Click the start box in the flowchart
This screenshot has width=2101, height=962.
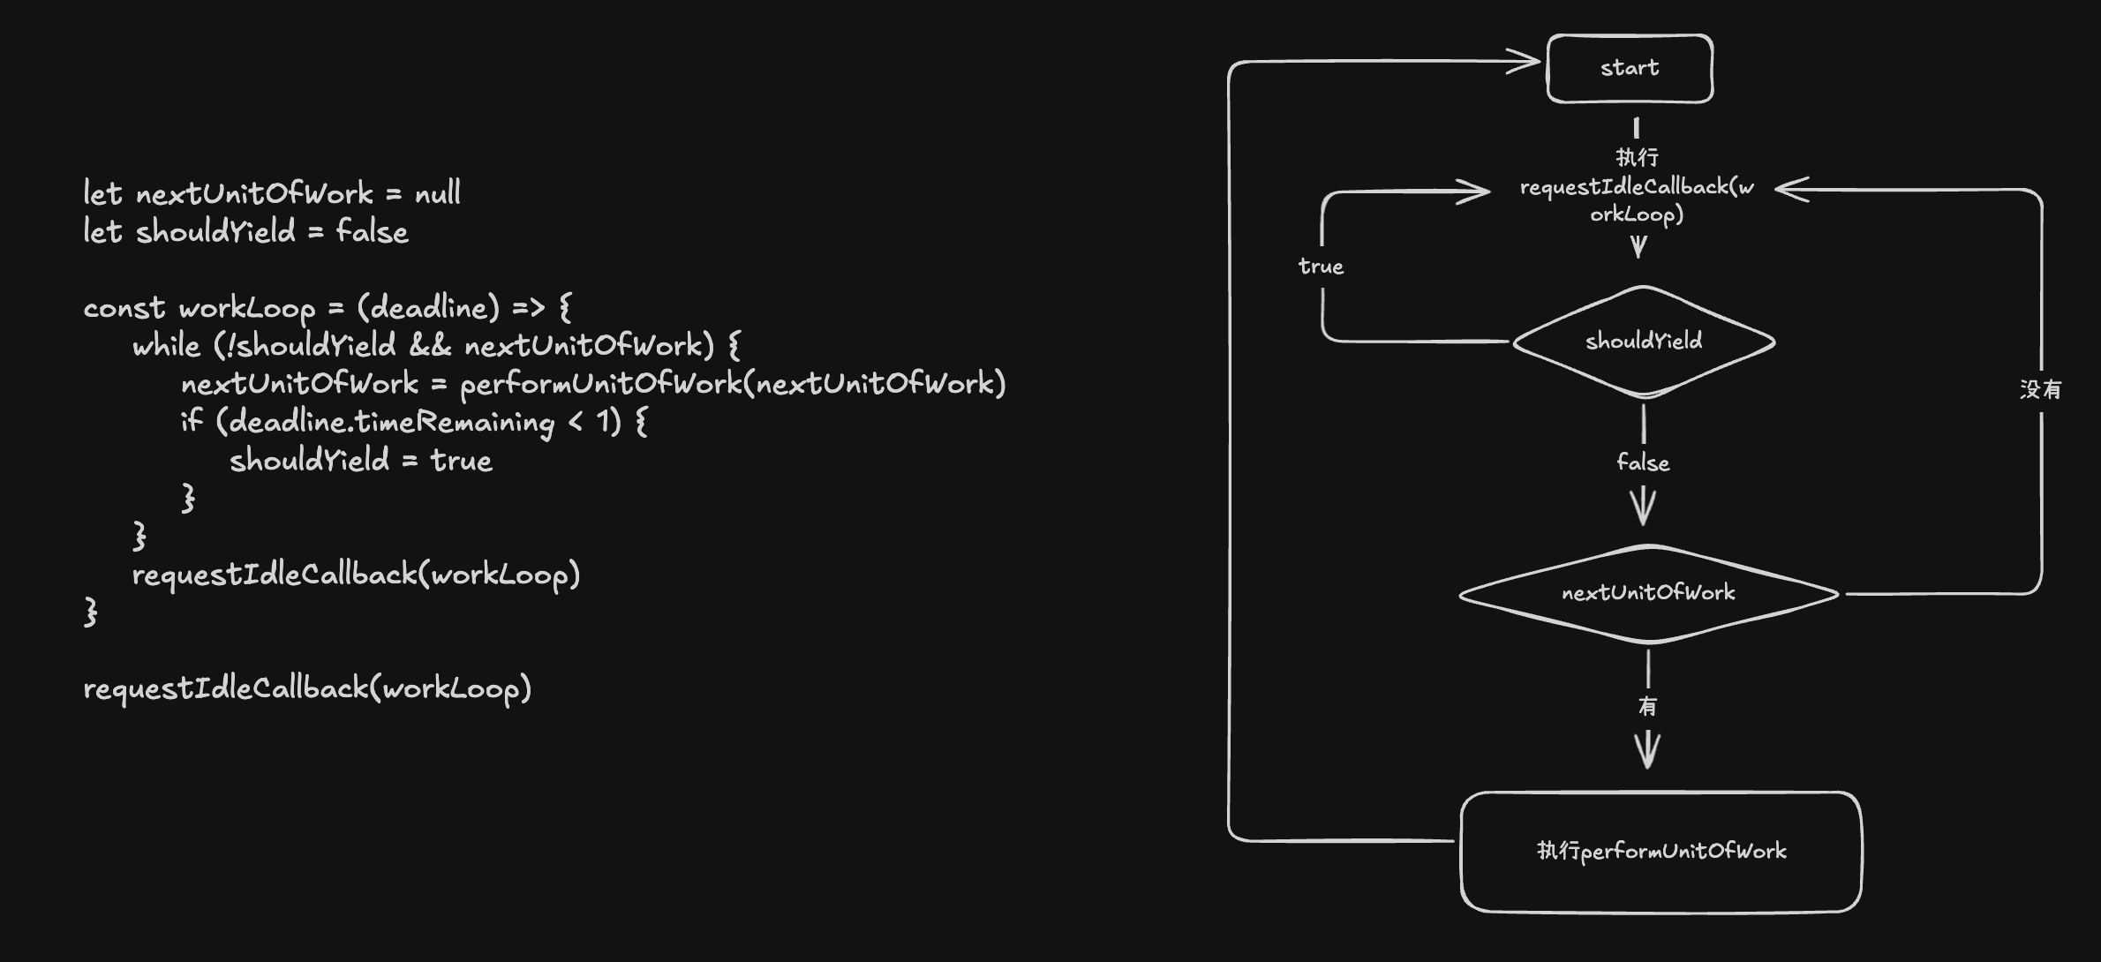[x=1630, y=68]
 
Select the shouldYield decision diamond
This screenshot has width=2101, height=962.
[x=1644, y=342]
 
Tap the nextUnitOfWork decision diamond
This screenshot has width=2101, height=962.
[x=1648, y=593]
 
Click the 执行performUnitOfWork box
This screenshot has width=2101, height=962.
[x=1660, y=852]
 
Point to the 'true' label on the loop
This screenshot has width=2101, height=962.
[x=1321, y=267]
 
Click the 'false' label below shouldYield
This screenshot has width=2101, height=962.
[x=1643, y=462]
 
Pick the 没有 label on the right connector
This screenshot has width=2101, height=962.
[x=2040, y=389]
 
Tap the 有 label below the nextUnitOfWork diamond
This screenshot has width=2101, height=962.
[x=1647, y=706]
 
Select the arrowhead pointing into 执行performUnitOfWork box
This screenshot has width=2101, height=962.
[x=1647, y=752]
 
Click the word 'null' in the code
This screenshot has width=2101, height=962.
[x=438, y=193]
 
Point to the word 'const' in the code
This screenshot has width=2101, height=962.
[x=124, y=308]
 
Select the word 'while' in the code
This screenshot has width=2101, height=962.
[x=166, y=345]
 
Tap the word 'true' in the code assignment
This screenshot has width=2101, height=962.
[x=461, y=461]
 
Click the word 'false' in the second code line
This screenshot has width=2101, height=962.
[x=372, y=232]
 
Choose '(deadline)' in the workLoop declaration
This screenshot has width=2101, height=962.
[x=428, y=307]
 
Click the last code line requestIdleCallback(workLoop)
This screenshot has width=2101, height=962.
[x=307, y=688]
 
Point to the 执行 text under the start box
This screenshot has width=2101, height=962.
[x=1637, y=157]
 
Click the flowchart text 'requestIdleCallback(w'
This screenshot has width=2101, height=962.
[x=1637, y=187]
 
